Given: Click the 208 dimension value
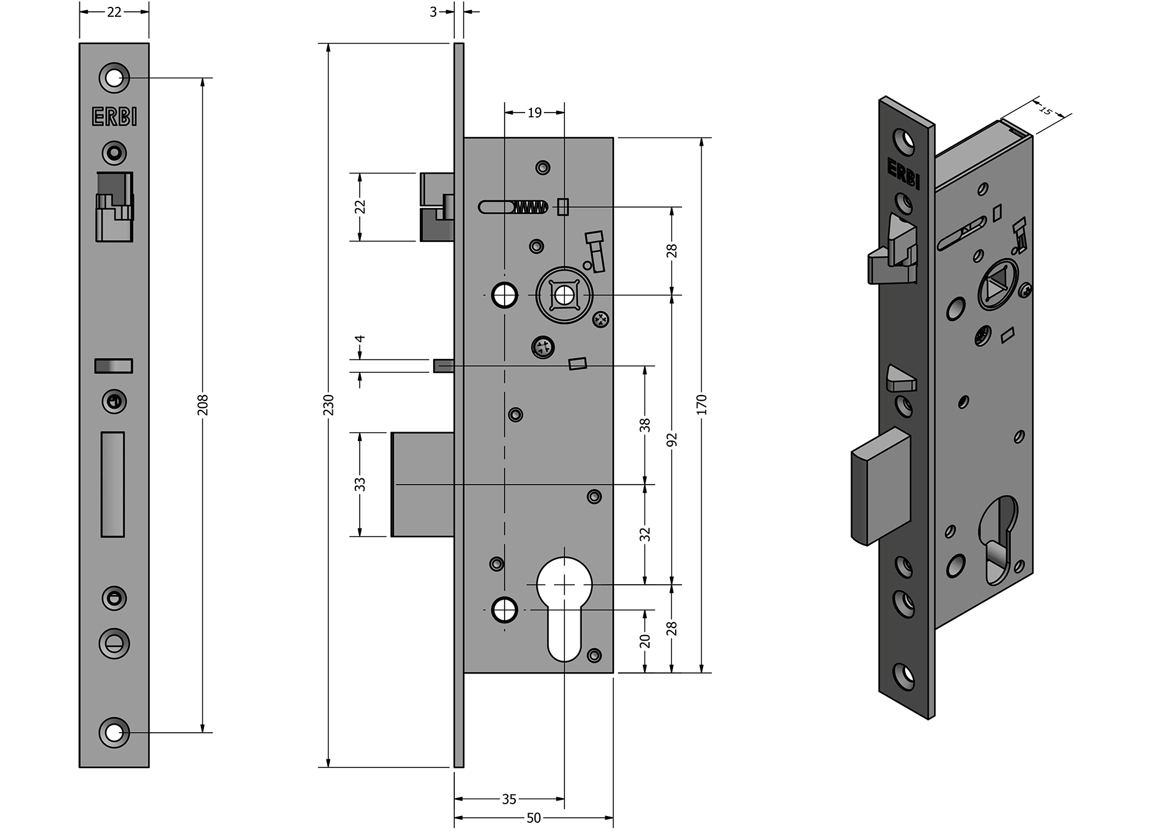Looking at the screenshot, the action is point(202,404).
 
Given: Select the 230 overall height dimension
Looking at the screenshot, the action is point(329,404).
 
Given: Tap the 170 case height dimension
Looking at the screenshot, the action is point(702,404).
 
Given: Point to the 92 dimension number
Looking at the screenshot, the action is point(671,440).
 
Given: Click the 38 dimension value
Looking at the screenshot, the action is point(645,425).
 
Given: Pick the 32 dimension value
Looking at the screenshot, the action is point(645,534).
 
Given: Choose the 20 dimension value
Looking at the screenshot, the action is point(645,641).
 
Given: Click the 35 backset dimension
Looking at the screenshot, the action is point(509,799).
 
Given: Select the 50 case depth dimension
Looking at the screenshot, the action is point(534,818).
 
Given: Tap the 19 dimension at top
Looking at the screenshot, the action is point(534,113).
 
